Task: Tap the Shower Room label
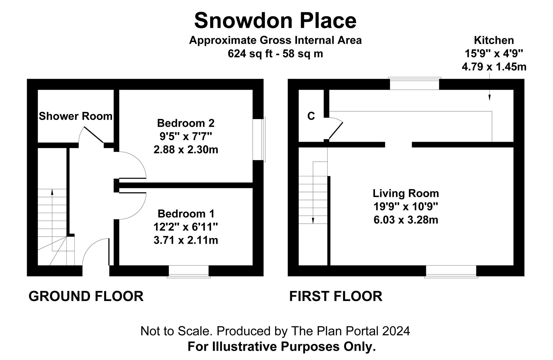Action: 76,116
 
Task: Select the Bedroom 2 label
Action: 186,123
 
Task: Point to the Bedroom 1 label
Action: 186,214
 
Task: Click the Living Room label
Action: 406,193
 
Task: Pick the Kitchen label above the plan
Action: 494,40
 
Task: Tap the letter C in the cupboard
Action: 311,116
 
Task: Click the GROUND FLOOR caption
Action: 86,296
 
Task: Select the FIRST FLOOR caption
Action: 336,296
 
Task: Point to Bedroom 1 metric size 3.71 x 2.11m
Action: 186,240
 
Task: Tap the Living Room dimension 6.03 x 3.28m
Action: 406,220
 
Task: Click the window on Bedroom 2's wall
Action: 259,140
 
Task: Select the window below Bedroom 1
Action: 189,272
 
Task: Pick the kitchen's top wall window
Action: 415,83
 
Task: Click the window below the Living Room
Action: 451,272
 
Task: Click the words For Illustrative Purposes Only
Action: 282,346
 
